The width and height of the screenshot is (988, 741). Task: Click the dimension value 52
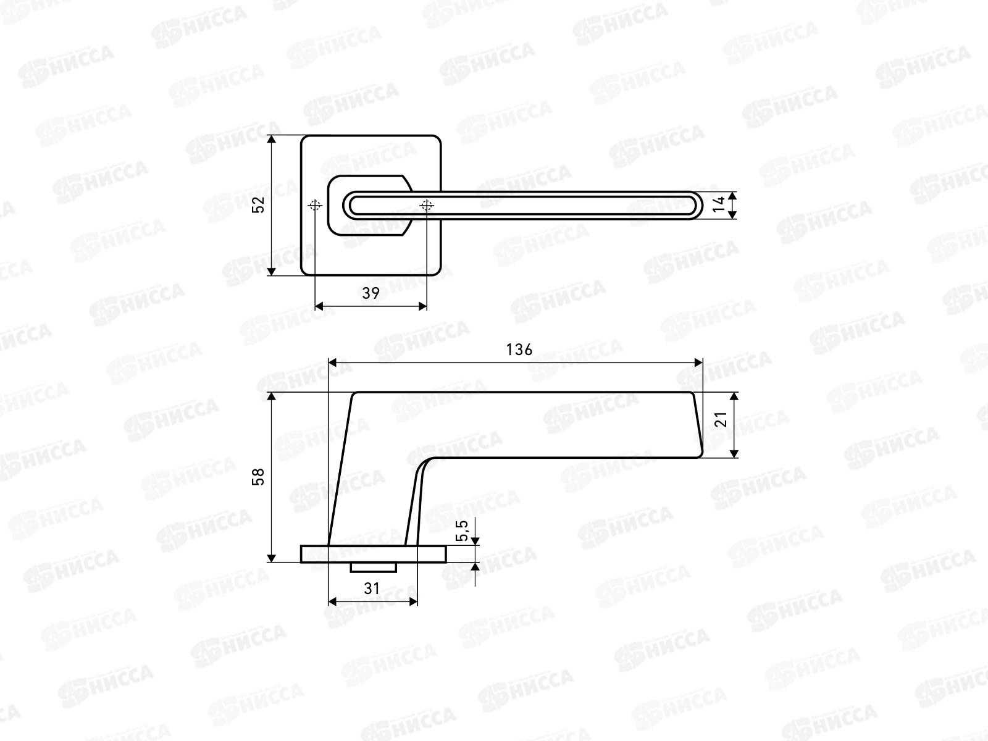pyautogui.click(x=258, y=205)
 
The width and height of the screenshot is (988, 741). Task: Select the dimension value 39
pyautogui.click(x=371, y=293)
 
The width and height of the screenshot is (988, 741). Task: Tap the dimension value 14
pyautogui.click(x=719, y=204)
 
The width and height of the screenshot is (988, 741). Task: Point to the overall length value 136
pyautogui.click(x=519, y=350)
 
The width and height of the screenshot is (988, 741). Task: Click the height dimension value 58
pyautogui.click(x=258, y=477)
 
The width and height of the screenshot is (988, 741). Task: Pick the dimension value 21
pyautogui.click(x=721, y=419)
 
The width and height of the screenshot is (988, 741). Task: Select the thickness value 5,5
pyautogui.click(x=463, y=531)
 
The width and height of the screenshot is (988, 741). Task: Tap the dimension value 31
pyautogui.click(x=372, y=588)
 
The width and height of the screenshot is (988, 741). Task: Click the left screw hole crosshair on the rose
pyautogui.click(x=315, y=206)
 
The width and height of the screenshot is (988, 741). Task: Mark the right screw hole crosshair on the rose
pyautogui.click(x=427, y=206)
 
